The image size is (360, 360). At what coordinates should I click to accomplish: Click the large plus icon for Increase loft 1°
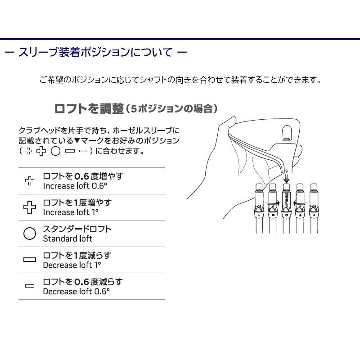30,207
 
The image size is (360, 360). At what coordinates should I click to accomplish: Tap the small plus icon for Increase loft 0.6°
30,181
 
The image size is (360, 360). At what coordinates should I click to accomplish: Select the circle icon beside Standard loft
30,234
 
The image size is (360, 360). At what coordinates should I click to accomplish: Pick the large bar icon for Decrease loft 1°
30,260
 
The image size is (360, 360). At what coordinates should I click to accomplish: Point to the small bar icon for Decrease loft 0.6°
30,287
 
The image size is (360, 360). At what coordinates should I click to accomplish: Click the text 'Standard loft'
67,238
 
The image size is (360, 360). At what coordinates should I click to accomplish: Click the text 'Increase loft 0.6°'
76,186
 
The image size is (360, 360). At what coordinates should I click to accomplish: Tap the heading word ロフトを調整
88,108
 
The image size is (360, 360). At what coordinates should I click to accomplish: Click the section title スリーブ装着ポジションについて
95,52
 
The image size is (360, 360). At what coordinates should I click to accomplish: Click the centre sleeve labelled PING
286,207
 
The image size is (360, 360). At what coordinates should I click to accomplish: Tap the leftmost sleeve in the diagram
260,207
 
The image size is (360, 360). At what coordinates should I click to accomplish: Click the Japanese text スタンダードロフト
77,229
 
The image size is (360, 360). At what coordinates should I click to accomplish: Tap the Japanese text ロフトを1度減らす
76,255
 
